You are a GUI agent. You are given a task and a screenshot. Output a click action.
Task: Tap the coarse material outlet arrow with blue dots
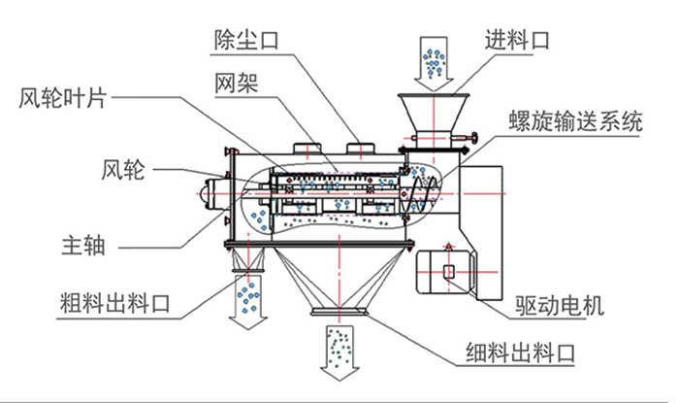[250, 301]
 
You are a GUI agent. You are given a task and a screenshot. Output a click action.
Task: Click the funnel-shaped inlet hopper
[434, 113]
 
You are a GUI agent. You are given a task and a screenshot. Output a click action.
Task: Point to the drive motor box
[447, 271]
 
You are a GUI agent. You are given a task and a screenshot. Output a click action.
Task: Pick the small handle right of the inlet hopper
[472, 142]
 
